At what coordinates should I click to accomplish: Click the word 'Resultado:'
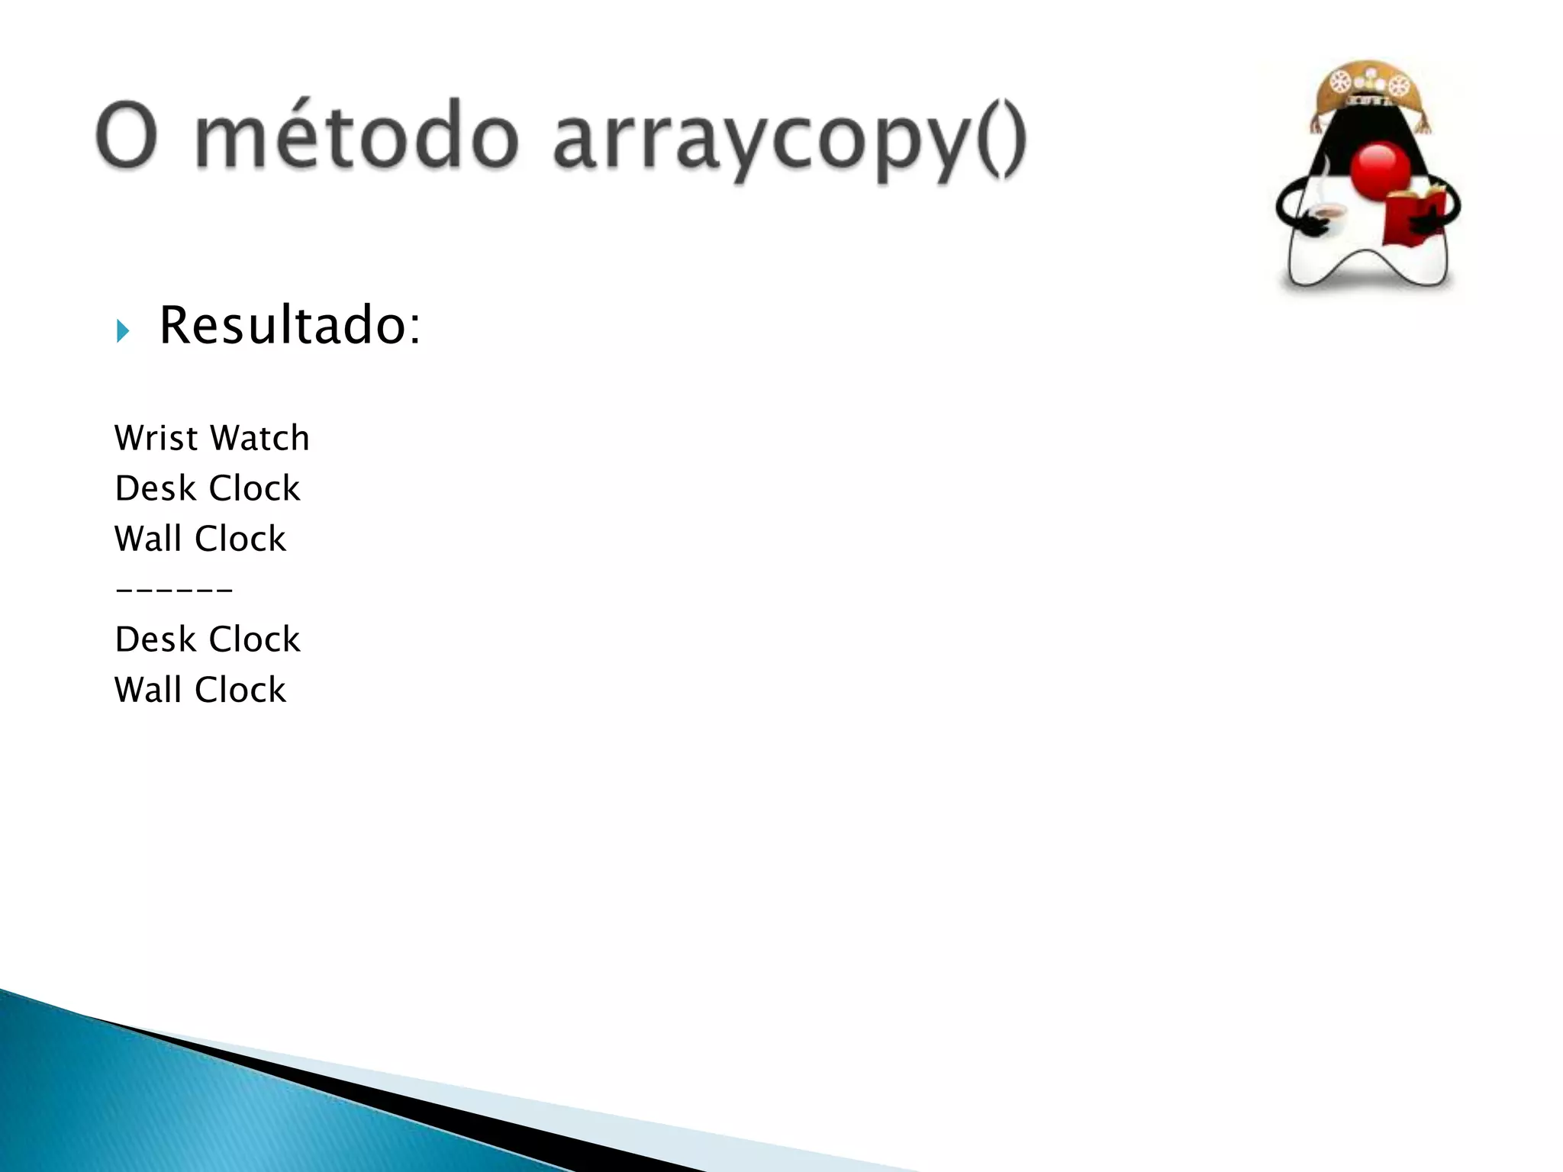tap(289, 326)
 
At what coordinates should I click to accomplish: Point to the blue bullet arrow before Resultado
tap(123, 331)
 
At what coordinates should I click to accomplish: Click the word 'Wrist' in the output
tap(156, 438)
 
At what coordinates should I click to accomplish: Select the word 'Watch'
tap(260, 438)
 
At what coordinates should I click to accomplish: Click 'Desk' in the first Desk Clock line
tap(155, 488)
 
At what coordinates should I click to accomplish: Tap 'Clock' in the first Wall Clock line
tap(240, 539)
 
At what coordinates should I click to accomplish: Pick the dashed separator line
tap(174, 589)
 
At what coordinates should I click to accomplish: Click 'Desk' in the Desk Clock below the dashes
tap(155, 639)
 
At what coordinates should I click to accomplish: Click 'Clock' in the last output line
tap(240, 690)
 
